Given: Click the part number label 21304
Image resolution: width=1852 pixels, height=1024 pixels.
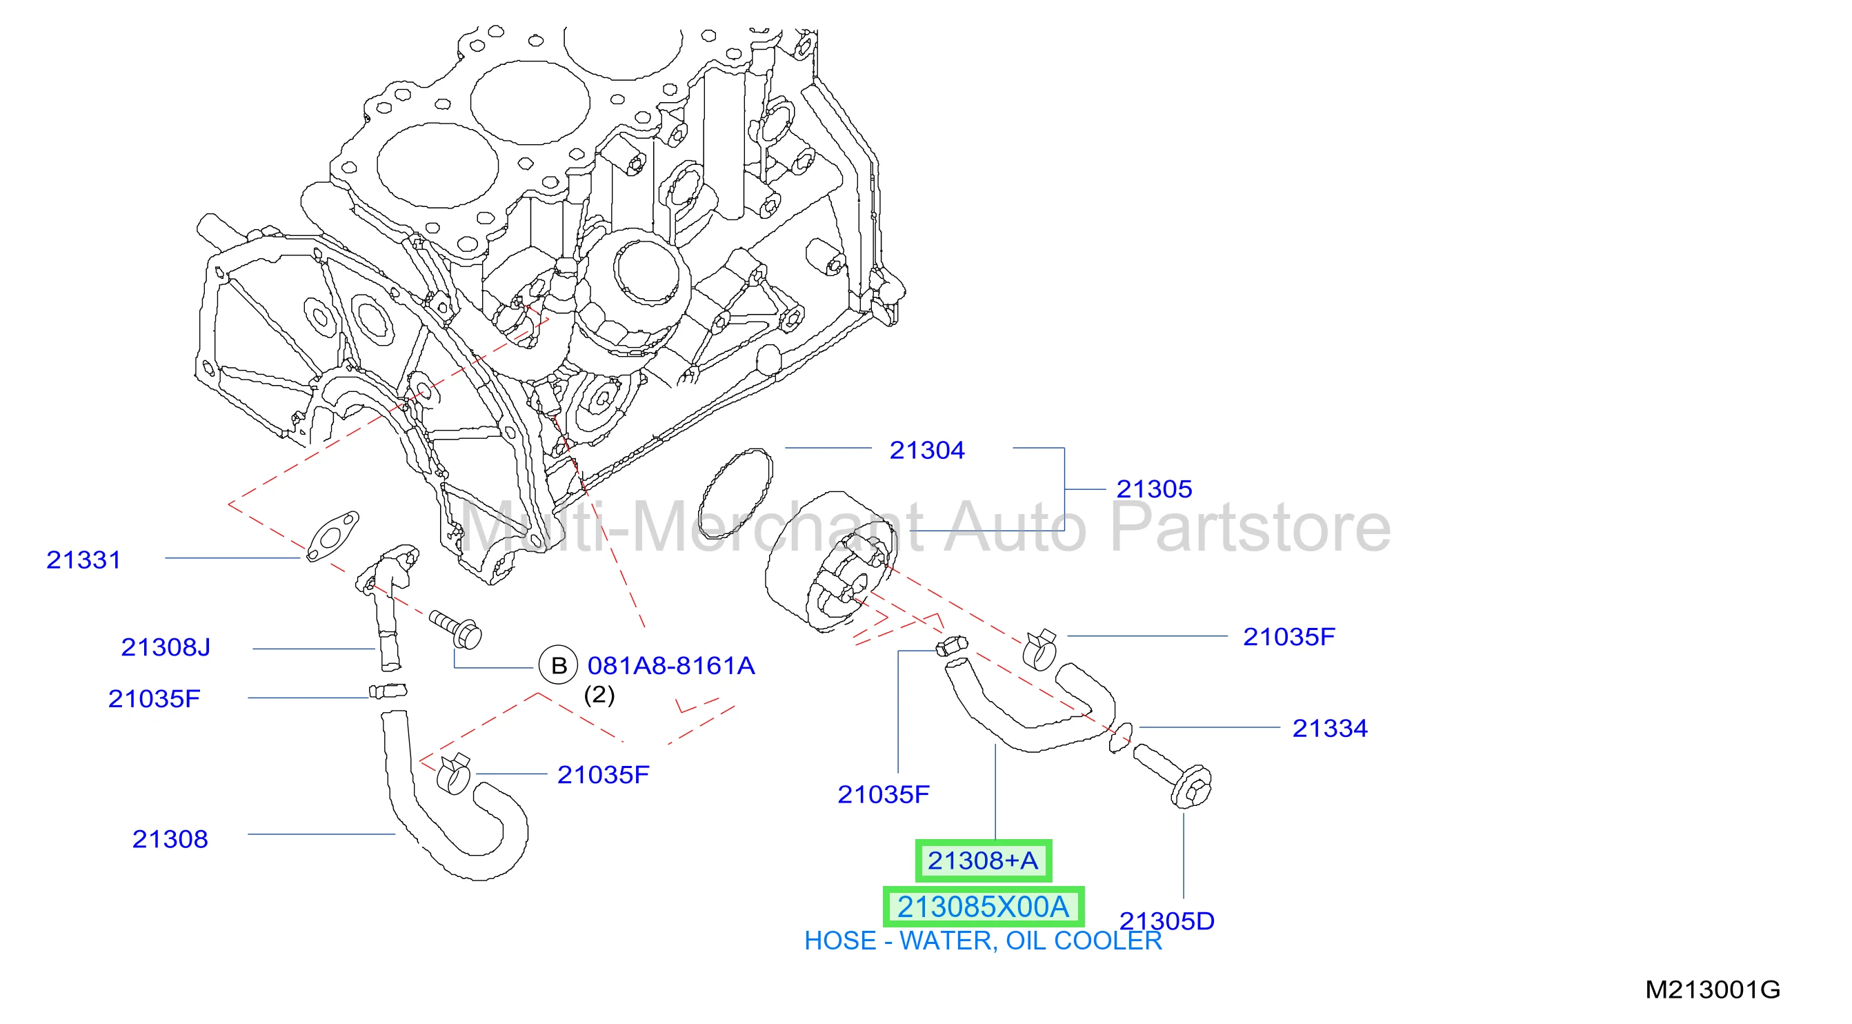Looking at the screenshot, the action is pos(927,450).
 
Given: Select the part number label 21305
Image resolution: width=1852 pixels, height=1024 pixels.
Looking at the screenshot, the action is pos(1154,489).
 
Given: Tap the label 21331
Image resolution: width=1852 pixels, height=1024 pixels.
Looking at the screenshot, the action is pos(83,560).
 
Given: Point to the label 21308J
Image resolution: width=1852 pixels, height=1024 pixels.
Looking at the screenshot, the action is pos(166,647).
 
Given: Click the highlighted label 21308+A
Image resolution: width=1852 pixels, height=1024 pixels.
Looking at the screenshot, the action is pos(983,860).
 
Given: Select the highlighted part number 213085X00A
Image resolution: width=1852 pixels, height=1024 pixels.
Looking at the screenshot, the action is pos(983,907).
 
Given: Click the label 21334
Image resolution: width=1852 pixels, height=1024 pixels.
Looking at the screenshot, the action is pos(1330,729).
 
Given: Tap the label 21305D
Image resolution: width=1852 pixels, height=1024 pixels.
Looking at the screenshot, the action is pos(1167,920).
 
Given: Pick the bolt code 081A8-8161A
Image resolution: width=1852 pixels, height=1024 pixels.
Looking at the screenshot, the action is pos(670,666).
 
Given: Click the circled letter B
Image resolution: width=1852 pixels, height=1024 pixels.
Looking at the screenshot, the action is pos(559,665).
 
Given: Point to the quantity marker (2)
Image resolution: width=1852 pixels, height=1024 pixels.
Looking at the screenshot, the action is pos(599,696).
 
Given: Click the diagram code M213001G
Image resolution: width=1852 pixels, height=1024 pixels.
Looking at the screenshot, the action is pos(1713,989).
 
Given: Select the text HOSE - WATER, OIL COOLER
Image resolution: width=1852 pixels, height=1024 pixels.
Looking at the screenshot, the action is pos(983,941).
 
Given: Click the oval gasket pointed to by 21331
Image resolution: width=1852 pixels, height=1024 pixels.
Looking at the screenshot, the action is pos(332,536).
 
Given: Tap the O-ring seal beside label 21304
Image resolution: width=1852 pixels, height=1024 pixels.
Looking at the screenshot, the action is pos(735,494).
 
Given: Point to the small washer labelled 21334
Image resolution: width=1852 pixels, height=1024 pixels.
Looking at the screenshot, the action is pos(1120,738).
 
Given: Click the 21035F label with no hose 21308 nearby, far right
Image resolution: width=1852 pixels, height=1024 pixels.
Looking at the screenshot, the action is pos(1288,636).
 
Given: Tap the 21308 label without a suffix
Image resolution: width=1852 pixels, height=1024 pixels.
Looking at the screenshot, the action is pos(170,839).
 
